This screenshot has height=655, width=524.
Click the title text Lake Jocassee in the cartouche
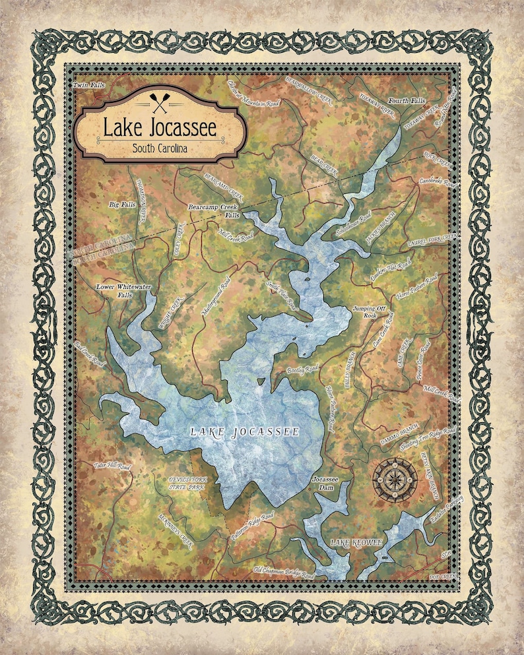159,128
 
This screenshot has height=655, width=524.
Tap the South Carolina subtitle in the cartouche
159,148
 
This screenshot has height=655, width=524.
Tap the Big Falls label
121,205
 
